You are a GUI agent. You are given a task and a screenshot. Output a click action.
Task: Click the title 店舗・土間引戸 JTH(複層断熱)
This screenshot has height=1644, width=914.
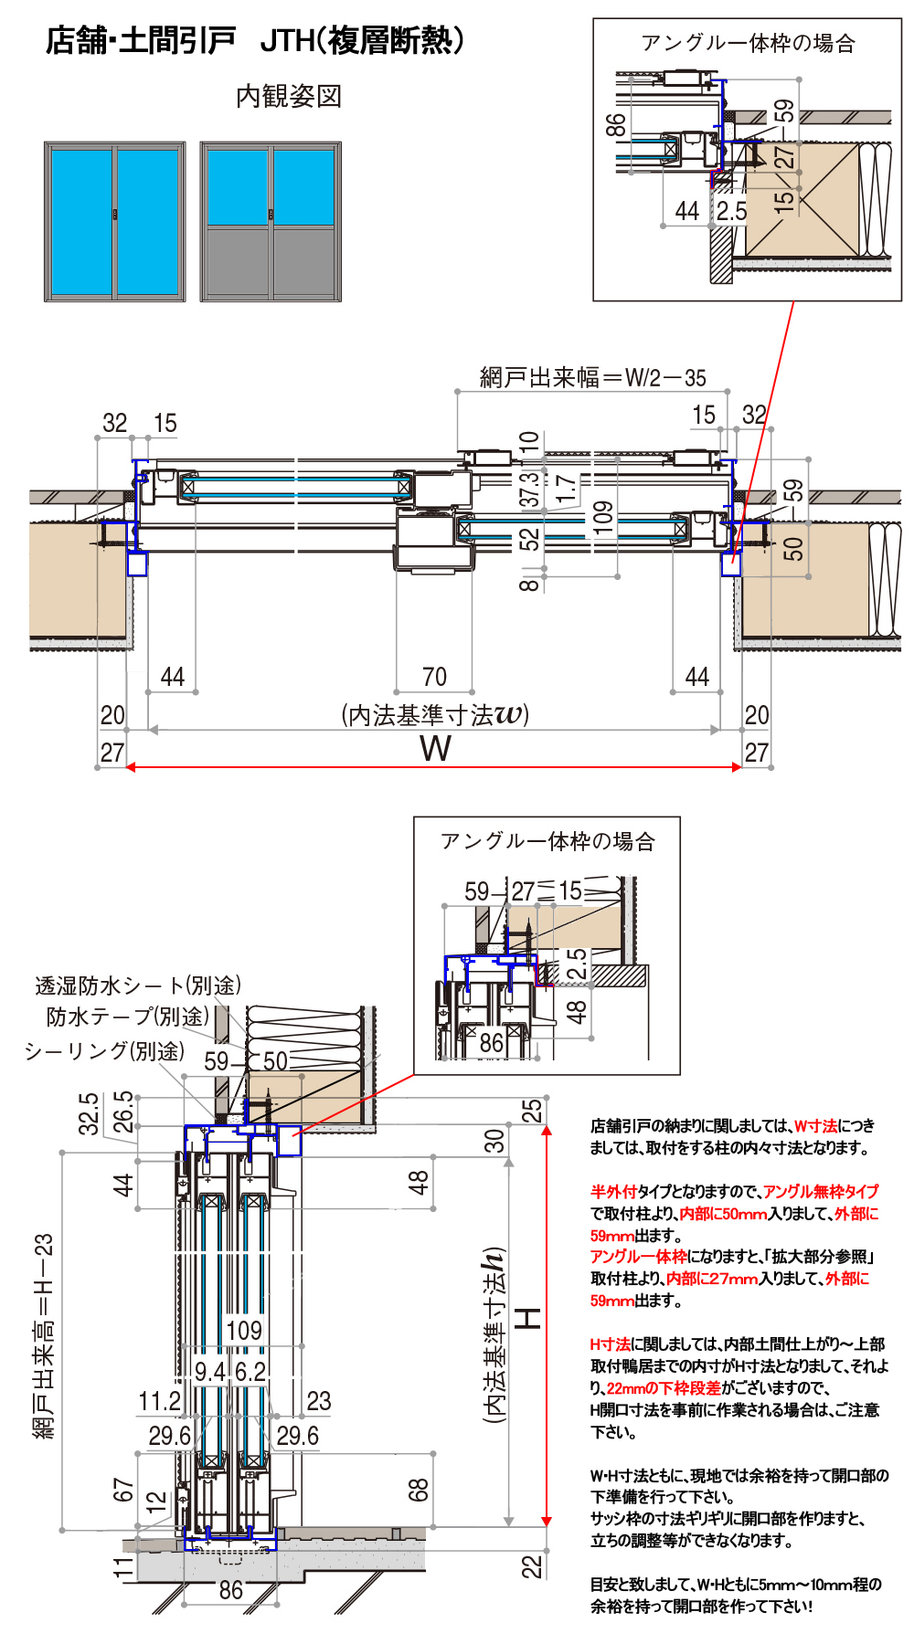(255, 41)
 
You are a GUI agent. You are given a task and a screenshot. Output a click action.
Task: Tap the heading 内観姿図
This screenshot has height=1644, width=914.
(289, 96)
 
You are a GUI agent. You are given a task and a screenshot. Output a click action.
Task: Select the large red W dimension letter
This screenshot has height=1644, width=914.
(435, 749)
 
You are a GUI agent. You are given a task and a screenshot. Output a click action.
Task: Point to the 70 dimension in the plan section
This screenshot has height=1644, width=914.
(434, 677)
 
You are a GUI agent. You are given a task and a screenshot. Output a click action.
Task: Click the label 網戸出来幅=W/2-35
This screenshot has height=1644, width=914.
(592, 377)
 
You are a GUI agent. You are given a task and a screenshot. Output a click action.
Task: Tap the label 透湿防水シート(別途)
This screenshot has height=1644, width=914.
(138, 985)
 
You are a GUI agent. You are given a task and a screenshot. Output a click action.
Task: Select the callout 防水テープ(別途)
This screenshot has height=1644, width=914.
(128, 1017)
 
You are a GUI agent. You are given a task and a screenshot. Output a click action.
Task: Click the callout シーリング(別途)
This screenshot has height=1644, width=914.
(104, 1051)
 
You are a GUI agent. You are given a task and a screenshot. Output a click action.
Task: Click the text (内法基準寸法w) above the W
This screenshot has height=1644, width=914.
(435, 714)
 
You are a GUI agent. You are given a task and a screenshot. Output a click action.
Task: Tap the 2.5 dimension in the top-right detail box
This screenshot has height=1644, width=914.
(731, 211)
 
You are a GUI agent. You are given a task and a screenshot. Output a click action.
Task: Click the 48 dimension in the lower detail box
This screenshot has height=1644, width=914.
(576, 1012)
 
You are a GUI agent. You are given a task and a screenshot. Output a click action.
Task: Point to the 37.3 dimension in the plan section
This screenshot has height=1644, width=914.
(529, 490)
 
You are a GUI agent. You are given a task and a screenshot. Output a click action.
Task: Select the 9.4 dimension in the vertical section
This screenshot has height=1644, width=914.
(209, 1372)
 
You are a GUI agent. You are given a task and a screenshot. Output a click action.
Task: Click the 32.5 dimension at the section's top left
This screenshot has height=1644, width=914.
(89, 1113)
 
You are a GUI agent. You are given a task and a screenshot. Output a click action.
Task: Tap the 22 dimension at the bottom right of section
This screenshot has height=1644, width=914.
(531, 1567)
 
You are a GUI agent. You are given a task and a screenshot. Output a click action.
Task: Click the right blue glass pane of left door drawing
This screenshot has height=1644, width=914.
(148, 222)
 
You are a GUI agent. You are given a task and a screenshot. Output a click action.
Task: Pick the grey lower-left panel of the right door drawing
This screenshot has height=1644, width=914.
(237, 262)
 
